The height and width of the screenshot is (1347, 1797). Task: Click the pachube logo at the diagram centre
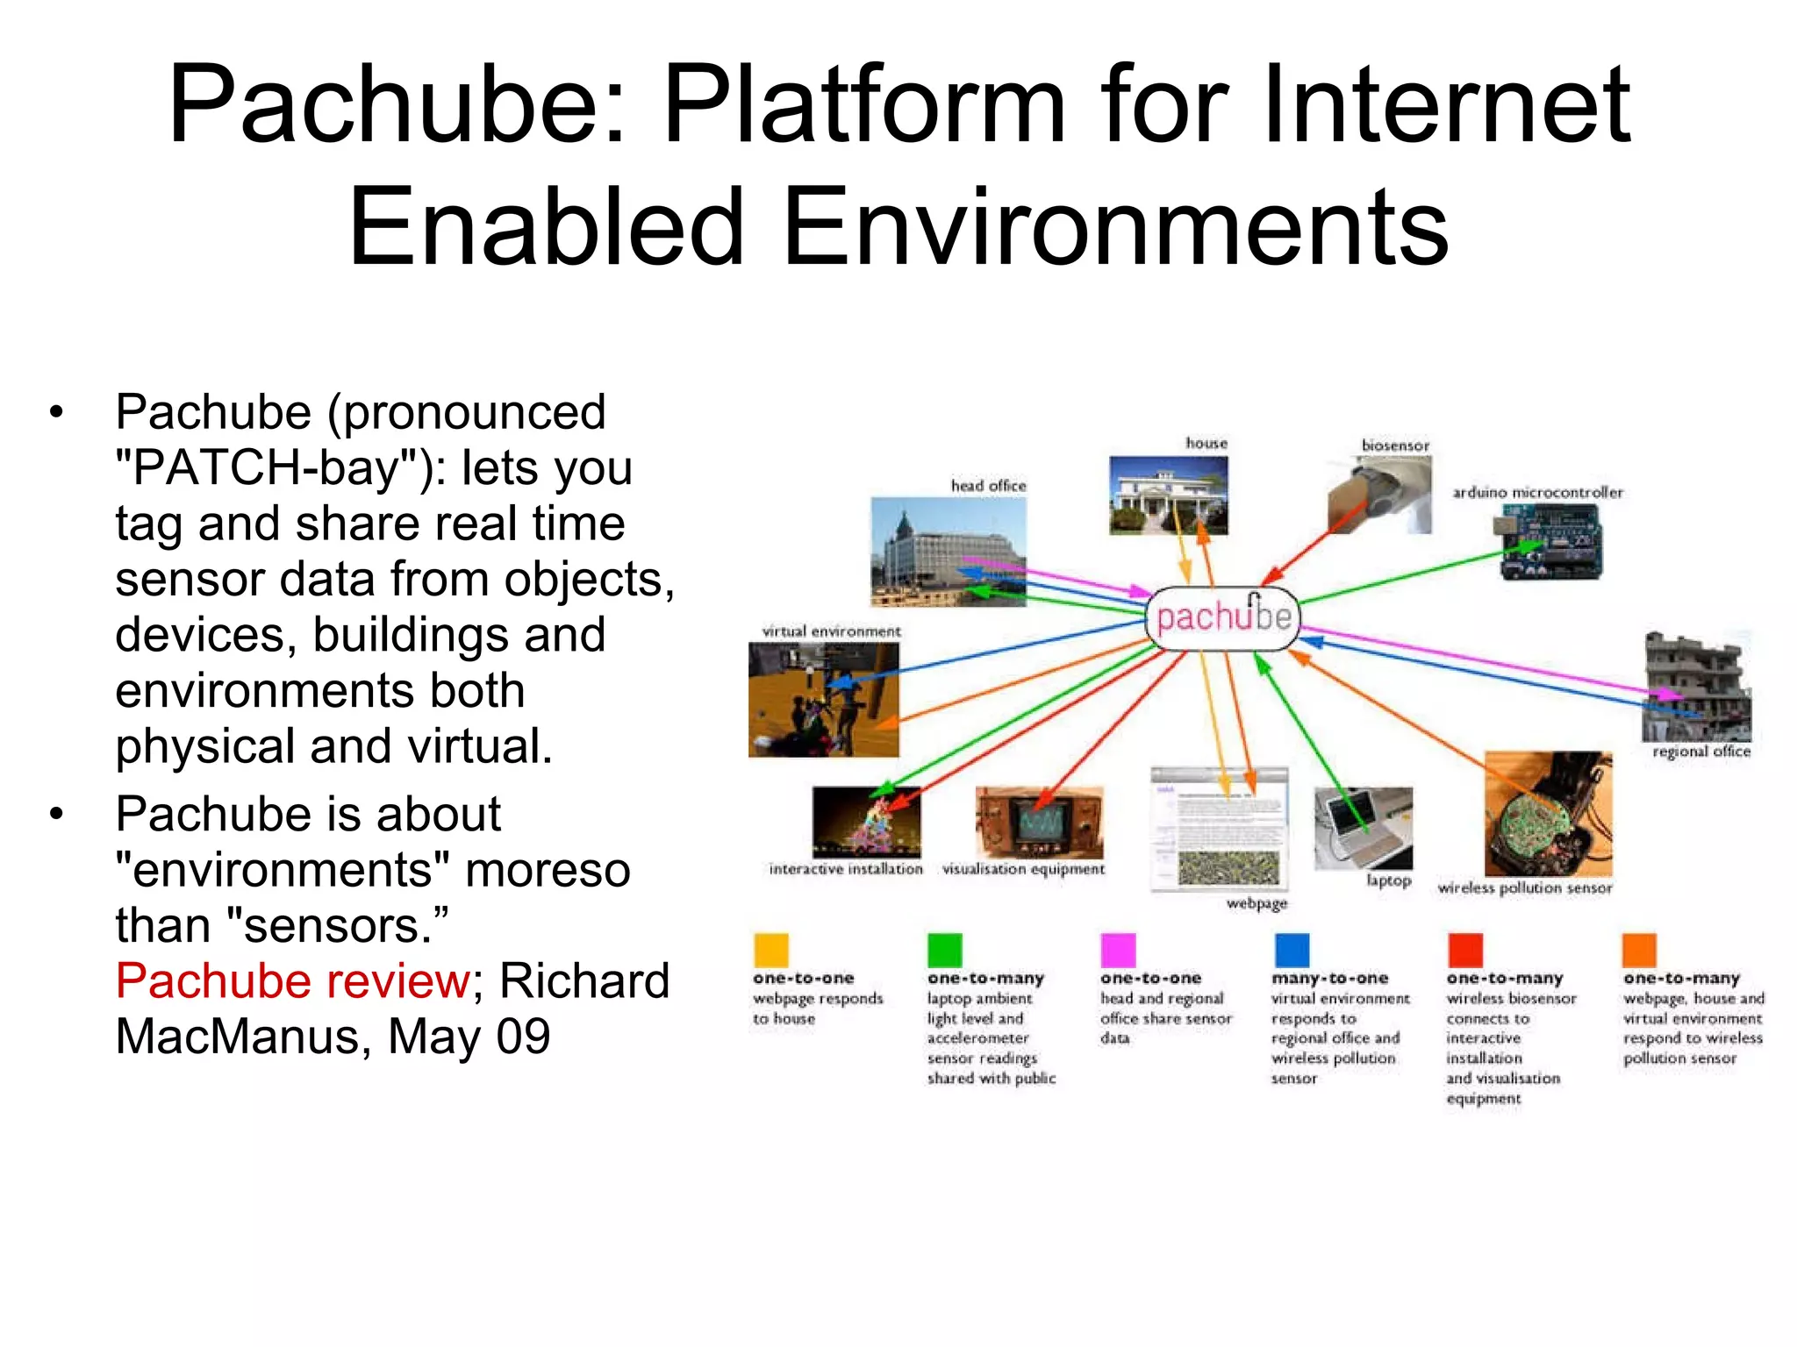pyautogui.click(x=1223, y=618)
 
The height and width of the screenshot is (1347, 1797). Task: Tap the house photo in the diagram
pyautogui.click(x=1168, y=495)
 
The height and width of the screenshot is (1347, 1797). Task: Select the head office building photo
pyautogui.click(x=948, y=552)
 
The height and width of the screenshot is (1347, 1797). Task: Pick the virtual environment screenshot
pyautogui.click(x=823, y=699)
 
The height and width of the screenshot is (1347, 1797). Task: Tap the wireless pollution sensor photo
pyautogui.click(x=1548, y=814)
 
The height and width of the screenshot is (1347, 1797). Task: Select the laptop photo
pyautogui.click(x=1363, y=828)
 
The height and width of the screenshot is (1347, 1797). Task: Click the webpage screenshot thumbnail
pyautogui.click(x=1220, y=829)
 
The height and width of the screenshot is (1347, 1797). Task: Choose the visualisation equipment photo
pyautogui.click(x=1039, y=823)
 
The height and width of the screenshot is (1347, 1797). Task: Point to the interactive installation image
pyautogui.click(x=866, y=822)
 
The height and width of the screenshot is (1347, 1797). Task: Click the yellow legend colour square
pyautogui.click(x=770, y=951)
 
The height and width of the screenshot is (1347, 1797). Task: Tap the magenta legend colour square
pyautogui.click(x=1118, y=951)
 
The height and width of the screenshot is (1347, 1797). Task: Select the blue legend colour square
pyautogui.click(x=1292, y=951)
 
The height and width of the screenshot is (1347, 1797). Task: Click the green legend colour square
pyautogui.click(x=944, y=951)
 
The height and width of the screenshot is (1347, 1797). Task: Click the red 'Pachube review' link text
pyautogui.click(x=293, y=981)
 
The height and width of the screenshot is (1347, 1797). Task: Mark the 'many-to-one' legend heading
pyautogui.click(x=1329, y=978)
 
